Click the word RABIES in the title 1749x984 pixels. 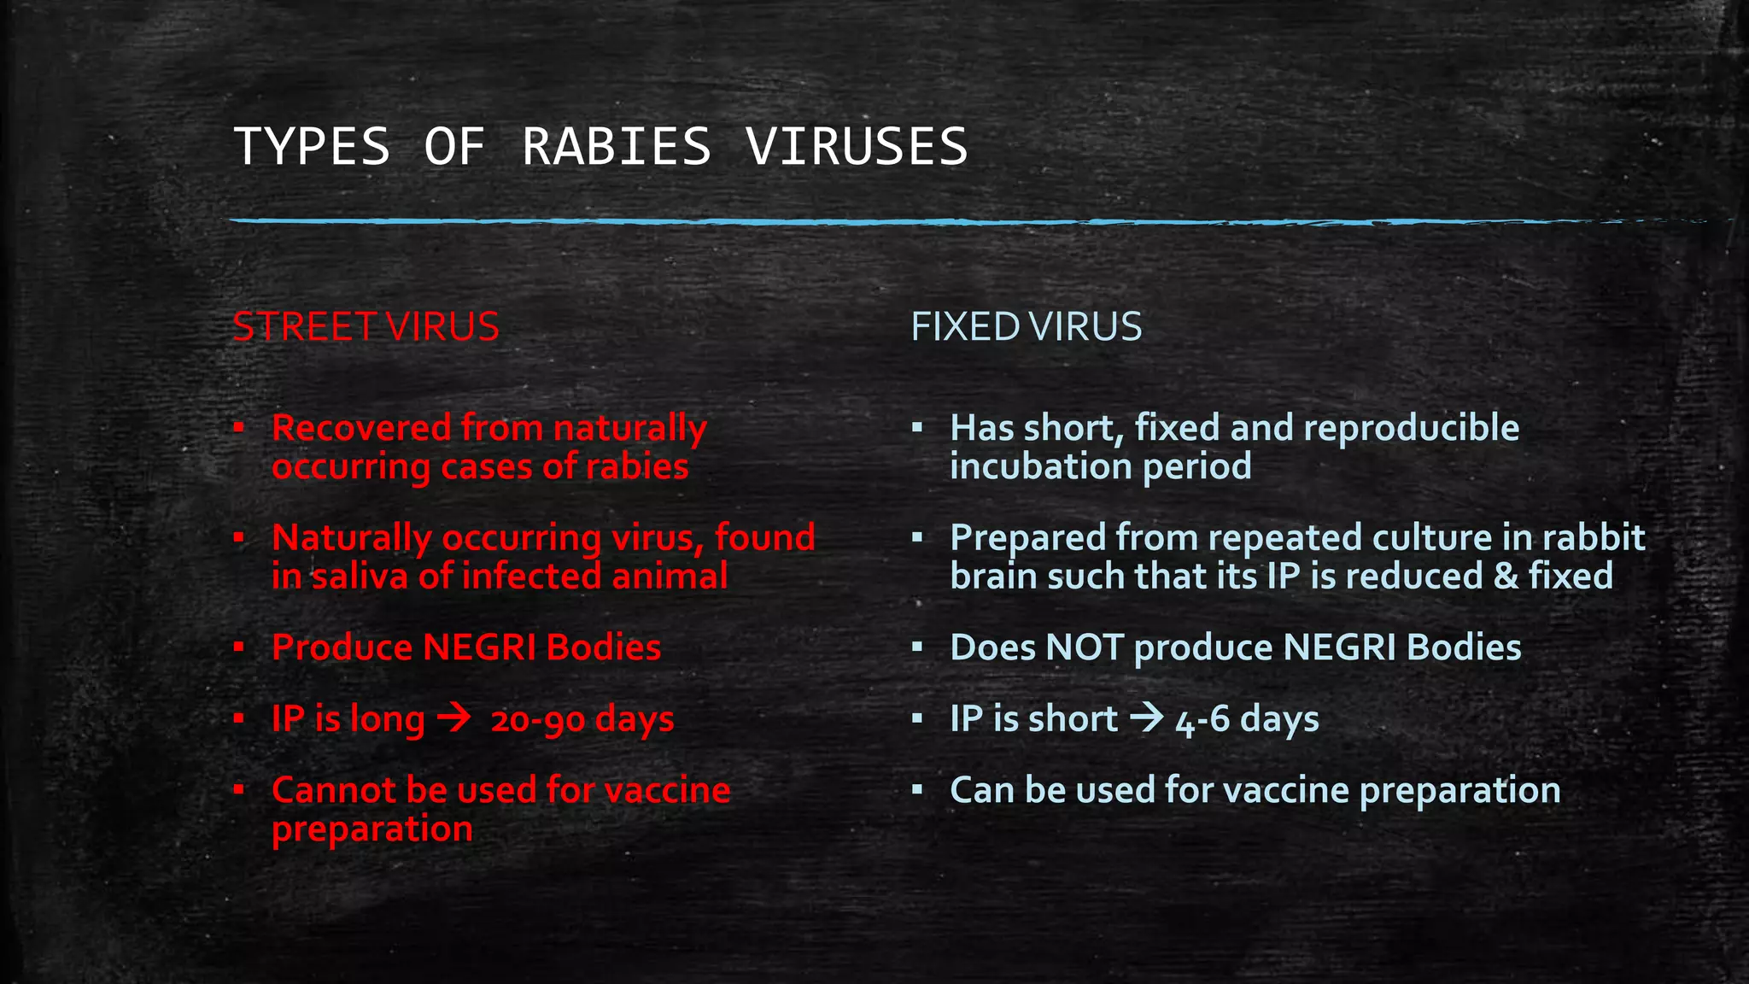(x=616, y=146)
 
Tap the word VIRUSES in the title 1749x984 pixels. (x=857, y=146)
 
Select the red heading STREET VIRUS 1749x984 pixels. (x=366, y=327)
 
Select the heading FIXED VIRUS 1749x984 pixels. (x=1026, y=327)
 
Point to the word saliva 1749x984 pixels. (x=359, y=576)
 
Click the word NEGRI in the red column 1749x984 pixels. (x=479, y=647)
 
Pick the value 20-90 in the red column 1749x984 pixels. (x=537, y=720)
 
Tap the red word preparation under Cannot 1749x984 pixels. (x=371, y=829)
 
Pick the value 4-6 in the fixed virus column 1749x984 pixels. (x=1202, y=720)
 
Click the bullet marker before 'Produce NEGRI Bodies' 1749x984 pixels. (x=239, y=647)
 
